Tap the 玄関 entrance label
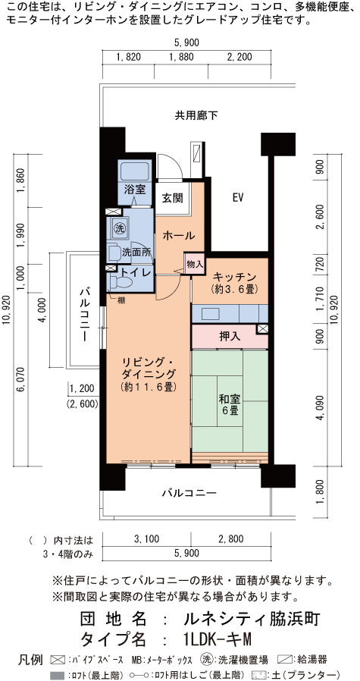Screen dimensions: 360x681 172,198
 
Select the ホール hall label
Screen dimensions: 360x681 178,236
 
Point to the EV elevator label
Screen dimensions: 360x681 236,198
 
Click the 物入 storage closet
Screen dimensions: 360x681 194,264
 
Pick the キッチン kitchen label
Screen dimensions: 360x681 234,277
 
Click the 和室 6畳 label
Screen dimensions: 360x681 230,405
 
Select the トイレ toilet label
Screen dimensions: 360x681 136,272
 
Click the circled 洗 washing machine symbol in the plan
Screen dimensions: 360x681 118,228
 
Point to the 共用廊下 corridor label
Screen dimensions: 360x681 196,115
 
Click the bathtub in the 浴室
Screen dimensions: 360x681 135,171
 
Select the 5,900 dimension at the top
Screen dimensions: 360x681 186,42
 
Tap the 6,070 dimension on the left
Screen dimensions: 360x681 20,381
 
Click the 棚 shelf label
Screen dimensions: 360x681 121,300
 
